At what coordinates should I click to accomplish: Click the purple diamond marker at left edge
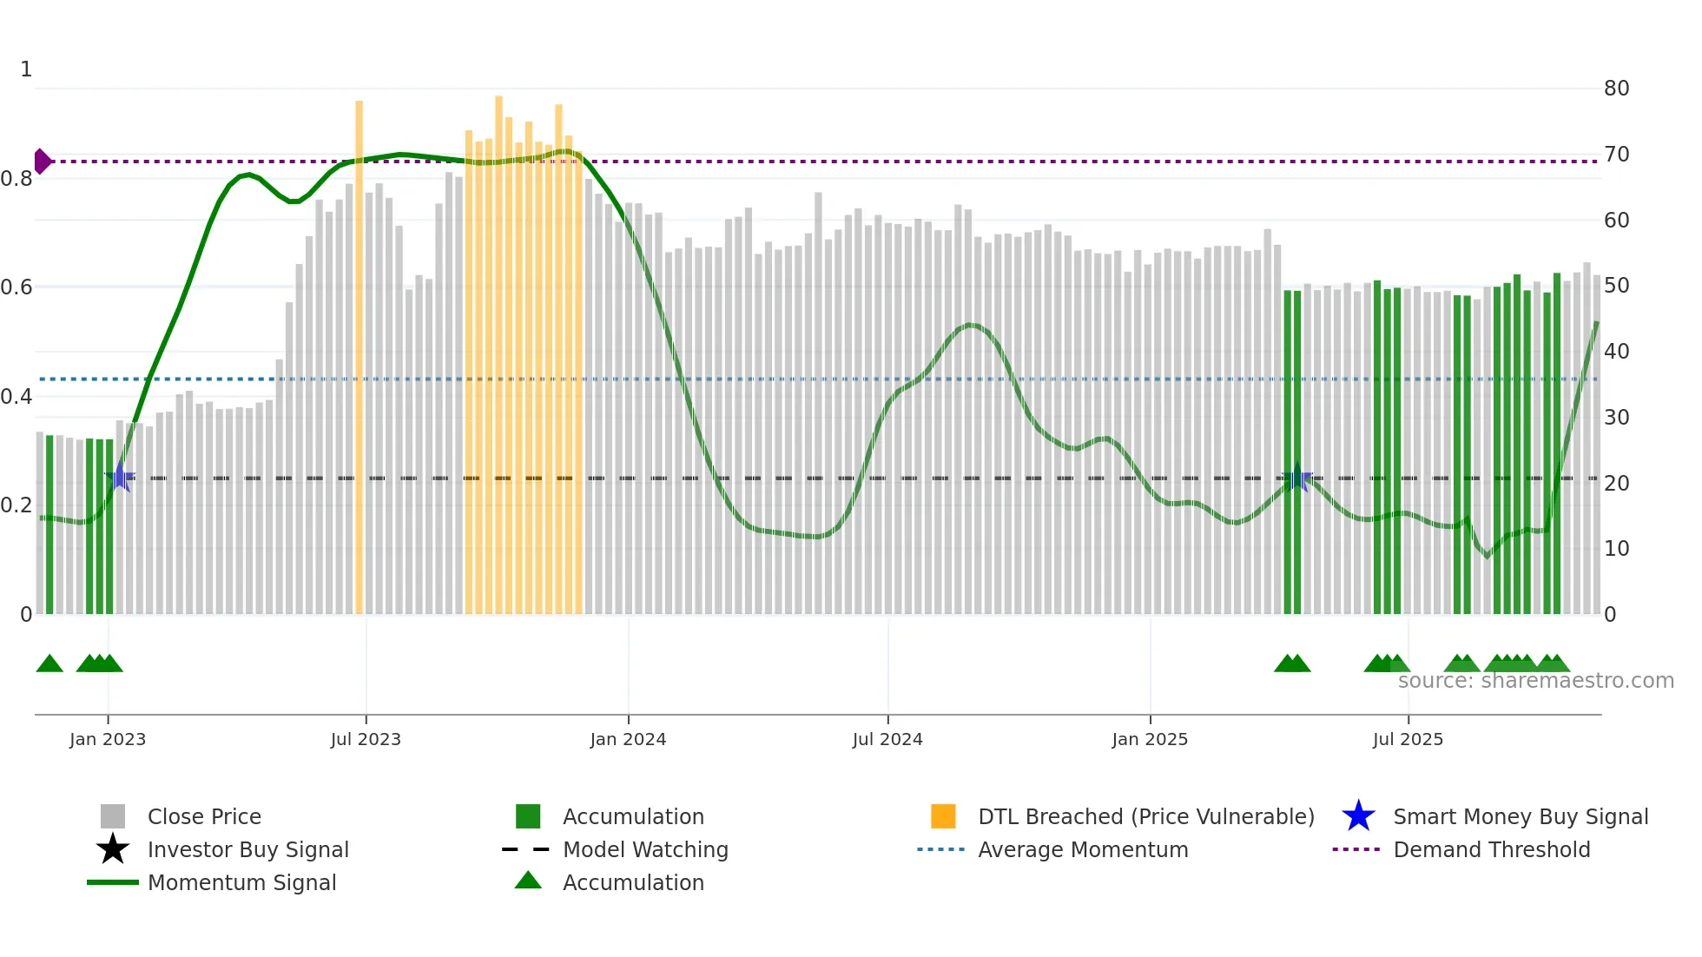(x=42, y=162)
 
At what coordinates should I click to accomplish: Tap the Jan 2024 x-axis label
(x=628, y=739)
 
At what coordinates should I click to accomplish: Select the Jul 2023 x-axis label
(x=366, y=739)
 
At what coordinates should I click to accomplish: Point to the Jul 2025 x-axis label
(x=1408, y=739)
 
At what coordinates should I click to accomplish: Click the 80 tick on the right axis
(x=1616, y=89)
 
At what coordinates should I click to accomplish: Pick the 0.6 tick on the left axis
(x=16, y=287)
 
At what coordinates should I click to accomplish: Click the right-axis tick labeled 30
(x=1616, y=418)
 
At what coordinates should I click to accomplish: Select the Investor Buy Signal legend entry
(x=247, y=850)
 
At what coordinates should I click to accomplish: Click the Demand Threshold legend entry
(x=1491, y=850)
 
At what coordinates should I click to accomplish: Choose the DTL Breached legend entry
(x=1145, y=817)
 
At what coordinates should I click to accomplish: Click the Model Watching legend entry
(x=644, y=850)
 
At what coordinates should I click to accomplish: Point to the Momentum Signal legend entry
(x=241, y=883)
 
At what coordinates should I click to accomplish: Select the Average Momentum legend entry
(x=1082, y=850)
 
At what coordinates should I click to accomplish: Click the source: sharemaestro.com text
(x=1535, y=681)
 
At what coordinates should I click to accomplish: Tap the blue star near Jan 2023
(x=120, y=478)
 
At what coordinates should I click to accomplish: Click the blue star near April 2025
(x=1297, y=478)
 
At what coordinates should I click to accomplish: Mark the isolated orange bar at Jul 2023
(x=359, y=356)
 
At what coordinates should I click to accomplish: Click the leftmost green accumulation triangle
(x=49, y=664)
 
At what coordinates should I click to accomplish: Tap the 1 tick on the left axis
(x=26, y=69)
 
